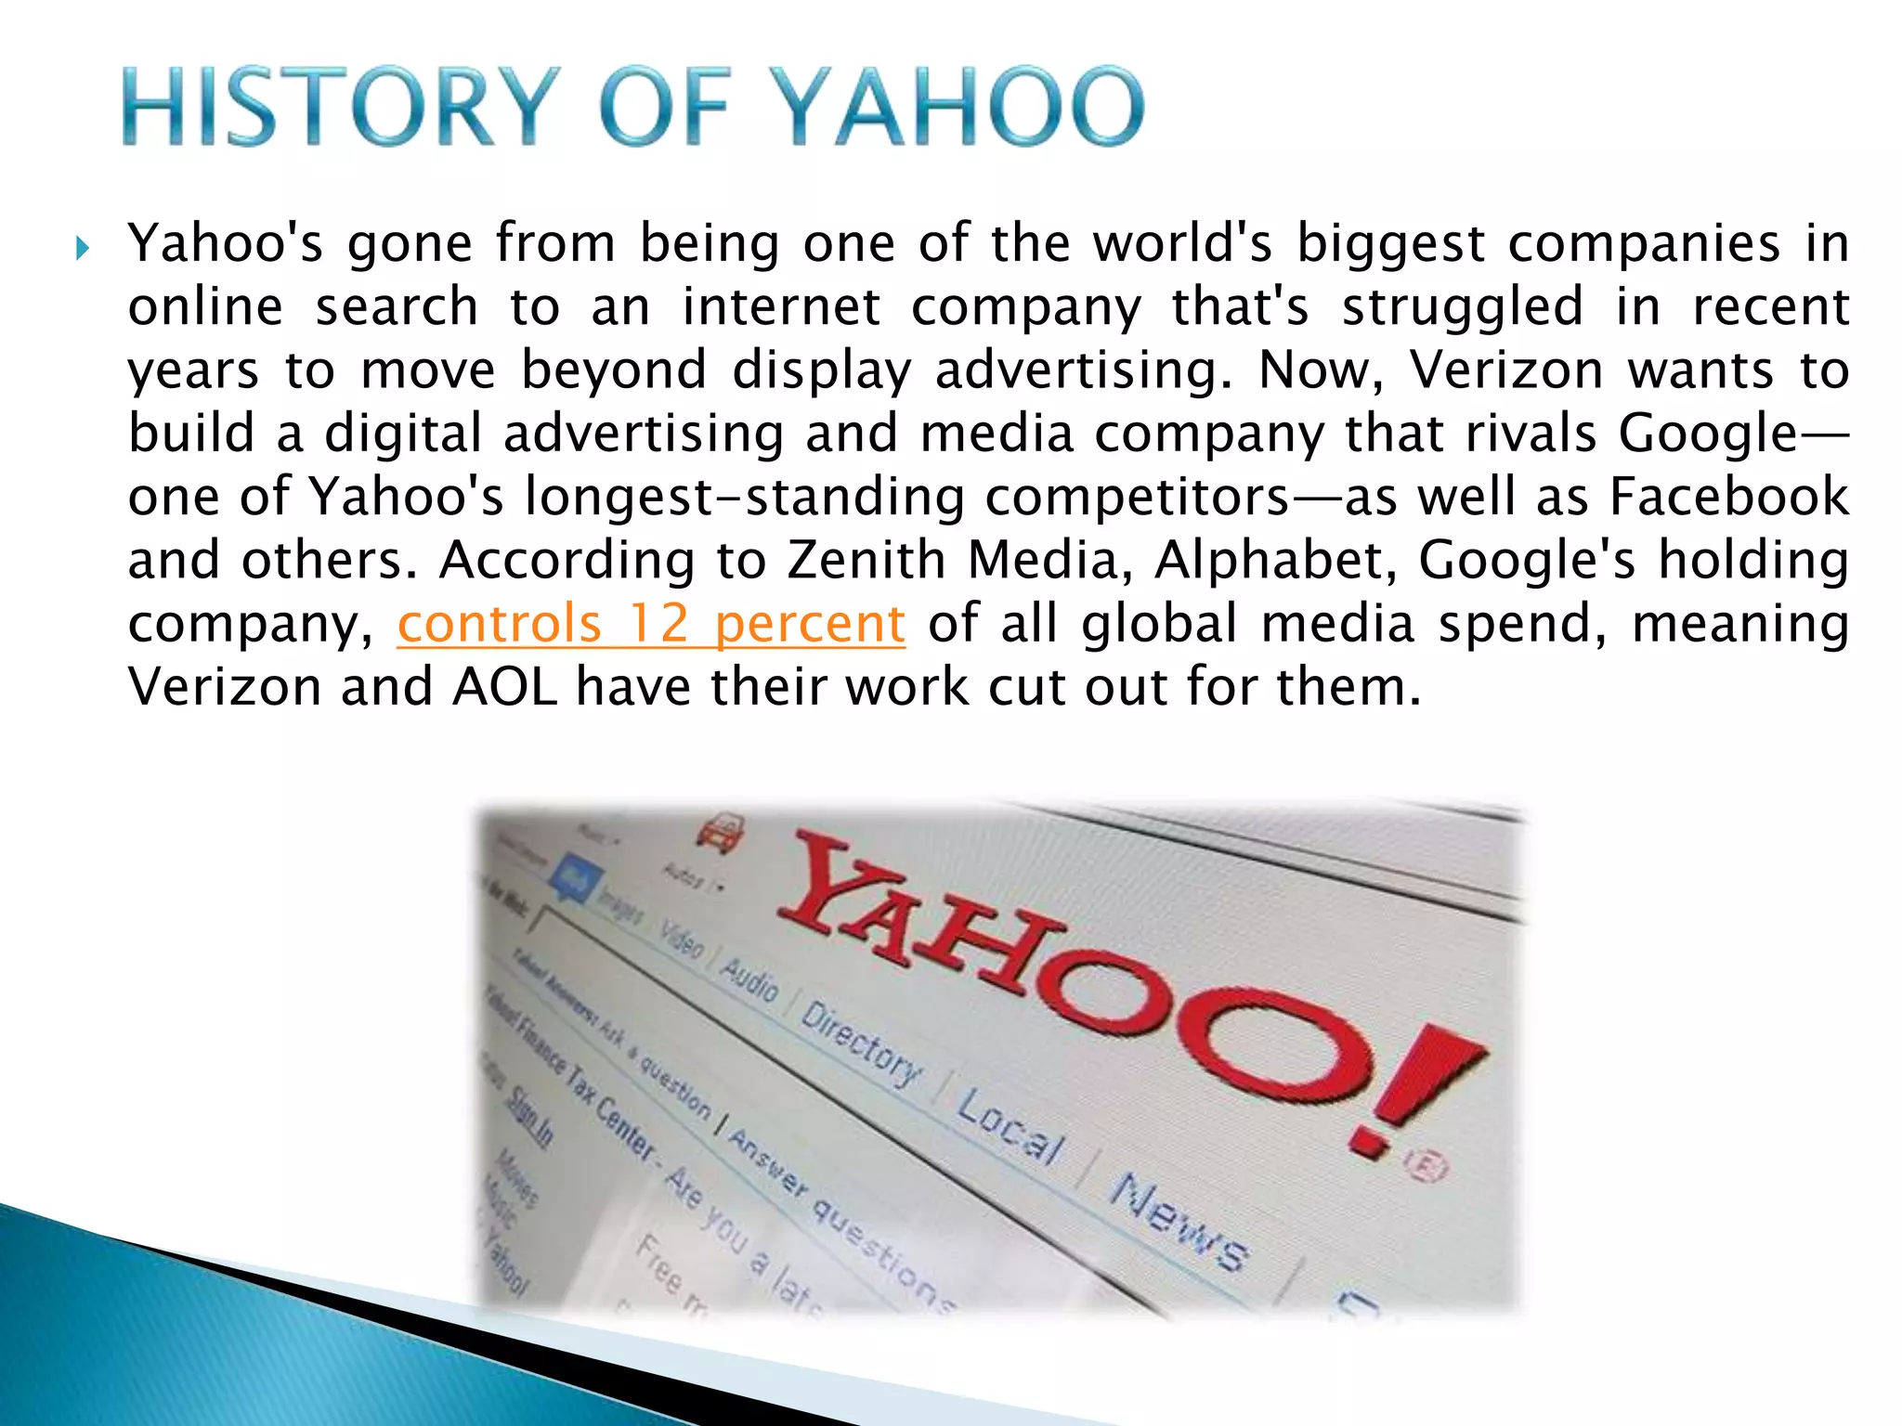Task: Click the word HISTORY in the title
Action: coord(340,107)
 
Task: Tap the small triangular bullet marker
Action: coord(83,248)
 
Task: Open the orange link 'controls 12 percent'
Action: coord(650,623)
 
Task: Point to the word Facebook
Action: coord(1728,497)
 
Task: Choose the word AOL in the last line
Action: coord(505,687)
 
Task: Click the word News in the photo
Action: coord(1179,1221)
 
